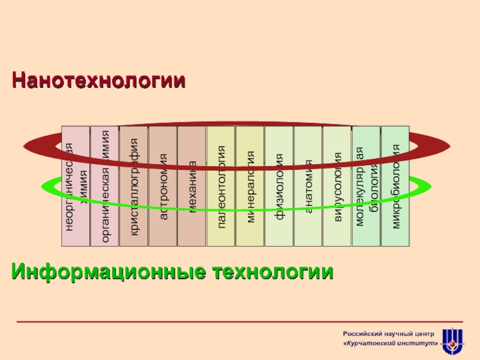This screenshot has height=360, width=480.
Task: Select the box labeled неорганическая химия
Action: [76, 186]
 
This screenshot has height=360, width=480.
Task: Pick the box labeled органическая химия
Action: [104, 186]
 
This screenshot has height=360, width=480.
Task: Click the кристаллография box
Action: [134, 186]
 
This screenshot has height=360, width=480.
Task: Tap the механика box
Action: [192, 186]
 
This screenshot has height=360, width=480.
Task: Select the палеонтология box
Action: [221, 186]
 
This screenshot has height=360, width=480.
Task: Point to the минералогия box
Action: [250, 186]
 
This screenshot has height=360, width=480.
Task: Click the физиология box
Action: [279, 186]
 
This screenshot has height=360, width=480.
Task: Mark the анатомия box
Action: [308, 186]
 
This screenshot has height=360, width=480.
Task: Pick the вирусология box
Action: [337, 186]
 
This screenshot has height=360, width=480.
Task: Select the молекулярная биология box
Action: [366, 186]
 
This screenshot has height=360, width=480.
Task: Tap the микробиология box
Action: [395, 186]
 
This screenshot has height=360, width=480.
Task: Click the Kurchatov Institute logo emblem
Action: [452, 341]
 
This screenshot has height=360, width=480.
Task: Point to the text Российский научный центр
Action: [391, 333]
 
